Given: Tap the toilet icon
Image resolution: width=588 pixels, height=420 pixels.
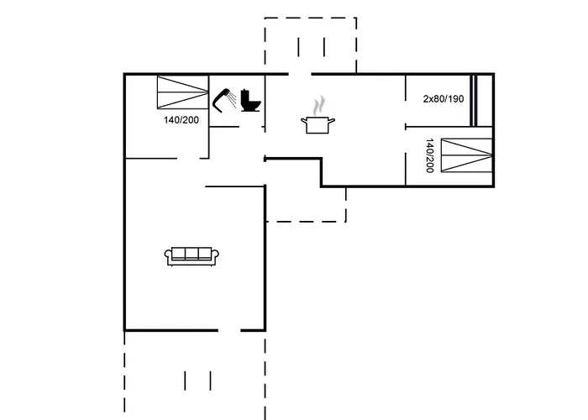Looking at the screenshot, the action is point(250,100).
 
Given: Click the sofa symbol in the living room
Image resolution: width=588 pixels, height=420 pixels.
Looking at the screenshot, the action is point(192,256).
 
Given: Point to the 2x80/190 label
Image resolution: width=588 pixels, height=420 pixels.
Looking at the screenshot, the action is point(444,99).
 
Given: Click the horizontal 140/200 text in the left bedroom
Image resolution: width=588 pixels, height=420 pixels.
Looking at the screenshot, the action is point(181,120).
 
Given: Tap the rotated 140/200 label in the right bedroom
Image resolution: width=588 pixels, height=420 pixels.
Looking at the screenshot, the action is point(430,155).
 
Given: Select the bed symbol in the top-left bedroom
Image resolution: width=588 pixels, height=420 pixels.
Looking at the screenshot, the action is point(182,92).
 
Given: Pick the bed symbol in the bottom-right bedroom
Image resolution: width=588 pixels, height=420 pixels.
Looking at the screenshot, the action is point(466,155).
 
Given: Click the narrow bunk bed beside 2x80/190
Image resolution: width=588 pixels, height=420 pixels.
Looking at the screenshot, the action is point(474,101).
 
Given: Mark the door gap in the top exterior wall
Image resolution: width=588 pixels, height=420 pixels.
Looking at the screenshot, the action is point(300,74).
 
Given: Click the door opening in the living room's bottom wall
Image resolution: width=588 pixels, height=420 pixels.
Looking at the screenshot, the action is point(229,330).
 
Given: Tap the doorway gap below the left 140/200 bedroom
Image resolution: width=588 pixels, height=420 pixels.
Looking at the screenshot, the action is point(188,158).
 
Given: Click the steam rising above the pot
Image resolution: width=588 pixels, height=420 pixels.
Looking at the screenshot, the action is point(318,105).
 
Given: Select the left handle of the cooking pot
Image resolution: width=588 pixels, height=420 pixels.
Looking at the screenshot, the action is point(304,121).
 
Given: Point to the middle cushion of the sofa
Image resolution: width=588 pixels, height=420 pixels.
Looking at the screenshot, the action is point(192,254).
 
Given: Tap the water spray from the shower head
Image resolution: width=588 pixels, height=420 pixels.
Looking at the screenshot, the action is point(233,99).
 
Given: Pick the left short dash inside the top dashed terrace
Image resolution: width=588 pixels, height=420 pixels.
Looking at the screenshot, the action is point(298,47).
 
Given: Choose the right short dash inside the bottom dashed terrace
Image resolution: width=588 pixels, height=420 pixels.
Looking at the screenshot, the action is point(210,381).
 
